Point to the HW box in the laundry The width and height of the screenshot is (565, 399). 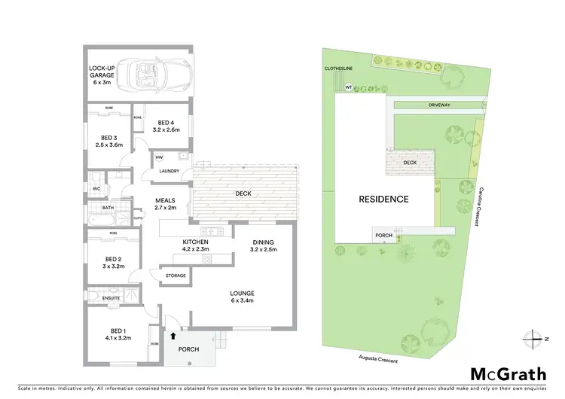[159, 157]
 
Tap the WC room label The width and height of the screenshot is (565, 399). [96, 188]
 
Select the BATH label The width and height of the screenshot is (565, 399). [97, 208]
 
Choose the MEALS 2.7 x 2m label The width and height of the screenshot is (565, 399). [165, 203]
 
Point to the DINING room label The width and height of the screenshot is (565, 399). [264, 243]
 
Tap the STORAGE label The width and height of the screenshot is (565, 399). [176, 276]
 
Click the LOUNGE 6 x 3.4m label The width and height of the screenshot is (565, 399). [242, 296]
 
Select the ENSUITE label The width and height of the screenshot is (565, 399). [102, 297]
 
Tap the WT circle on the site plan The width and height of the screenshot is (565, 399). [348, 87]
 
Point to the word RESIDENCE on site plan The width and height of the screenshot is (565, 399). [383, 200]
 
